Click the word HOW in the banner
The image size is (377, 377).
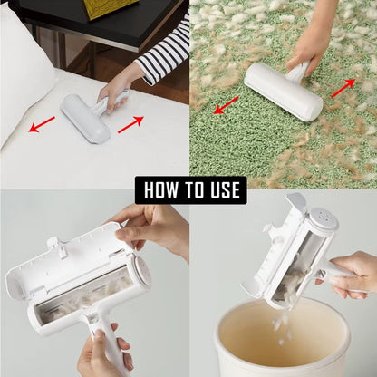pyautogui.click(x=161, y=190)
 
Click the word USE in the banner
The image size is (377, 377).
pyautogui.click(x=222, y=190)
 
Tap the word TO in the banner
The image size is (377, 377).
pyautogui.click(x=193, y=190)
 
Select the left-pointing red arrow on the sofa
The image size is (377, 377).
pyautogui.click(x=42, y=123)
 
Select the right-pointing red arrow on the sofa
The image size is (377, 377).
pyautogui.click(x=130, y=123)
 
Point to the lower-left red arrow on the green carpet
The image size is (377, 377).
pyautogui.click(x=227, y=104)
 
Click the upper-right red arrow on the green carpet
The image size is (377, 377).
pyautogui.click(x=343, y=87)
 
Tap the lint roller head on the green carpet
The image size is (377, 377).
pyautogui.click(x=282, y=92)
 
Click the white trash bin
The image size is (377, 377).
pyautogui.click(x=281, y=344)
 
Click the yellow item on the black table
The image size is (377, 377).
pyautogui.click(x=109, y=8)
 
